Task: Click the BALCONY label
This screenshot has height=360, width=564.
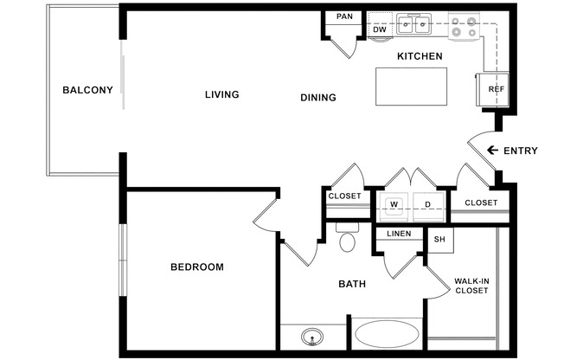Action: [87, 90]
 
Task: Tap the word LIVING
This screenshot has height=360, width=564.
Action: [222, 94]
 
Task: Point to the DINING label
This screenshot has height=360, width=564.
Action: [318, 98]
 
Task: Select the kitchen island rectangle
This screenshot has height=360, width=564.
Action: [411, 87]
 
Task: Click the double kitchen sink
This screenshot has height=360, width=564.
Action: [414, 24]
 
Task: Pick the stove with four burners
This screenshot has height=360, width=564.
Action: [464, 26]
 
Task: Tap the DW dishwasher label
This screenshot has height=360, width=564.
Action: [380, 29]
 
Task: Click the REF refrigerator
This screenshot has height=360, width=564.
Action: [492, 89]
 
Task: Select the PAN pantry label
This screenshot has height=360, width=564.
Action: [344, 16]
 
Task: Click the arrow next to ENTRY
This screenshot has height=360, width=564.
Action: [492, 150]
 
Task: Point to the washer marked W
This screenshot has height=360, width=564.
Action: [394, 207]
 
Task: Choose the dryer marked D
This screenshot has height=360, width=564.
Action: [428, 207]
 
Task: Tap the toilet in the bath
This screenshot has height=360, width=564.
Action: [347, 237]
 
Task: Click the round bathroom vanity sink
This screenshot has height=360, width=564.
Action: [312, 337]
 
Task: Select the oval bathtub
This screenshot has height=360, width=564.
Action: [387, 334]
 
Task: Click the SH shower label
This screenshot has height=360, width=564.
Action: [439, 240]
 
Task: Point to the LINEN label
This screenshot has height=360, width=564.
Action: [399, 234]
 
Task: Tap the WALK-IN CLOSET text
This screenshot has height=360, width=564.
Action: [471, 286]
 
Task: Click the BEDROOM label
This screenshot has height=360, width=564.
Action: [197, 267]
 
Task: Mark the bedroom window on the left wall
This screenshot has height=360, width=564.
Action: [123, 260]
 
